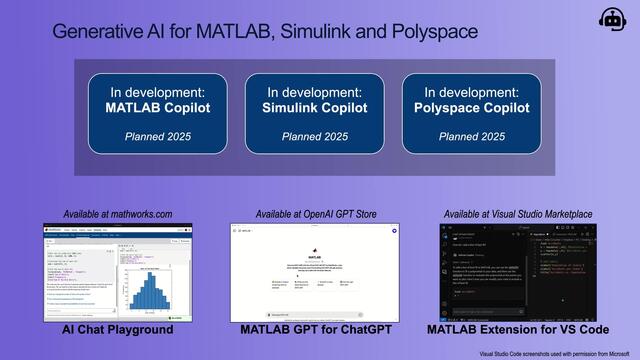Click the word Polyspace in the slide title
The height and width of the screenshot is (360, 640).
433,31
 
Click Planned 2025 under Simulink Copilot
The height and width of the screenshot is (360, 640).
315,136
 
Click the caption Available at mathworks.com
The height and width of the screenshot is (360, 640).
117,213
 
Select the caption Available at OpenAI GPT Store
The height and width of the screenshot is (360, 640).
315,213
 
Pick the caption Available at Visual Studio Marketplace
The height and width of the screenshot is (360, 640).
517,213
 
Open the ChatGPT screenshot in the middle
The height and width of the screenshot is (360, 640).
315,270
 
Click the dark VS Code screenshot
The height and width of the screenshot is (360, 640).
517,270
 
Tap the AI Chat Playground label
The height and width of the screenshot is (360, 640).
117,329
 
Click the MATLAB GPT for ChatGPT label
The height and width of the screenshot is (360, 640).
315,329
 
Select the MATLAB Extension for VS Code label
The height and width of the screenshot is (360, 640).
517,329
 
